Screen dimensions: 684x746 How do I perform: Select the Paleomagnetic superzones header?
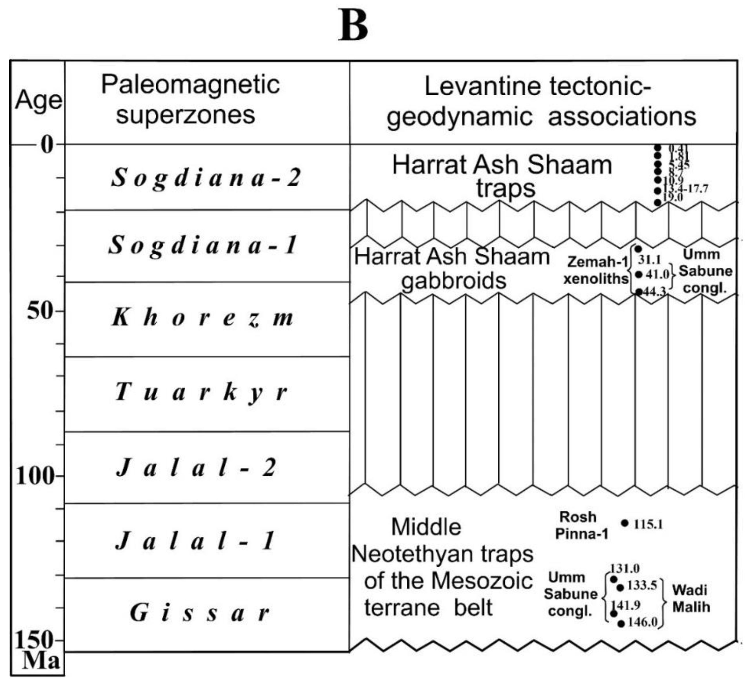[190, 99]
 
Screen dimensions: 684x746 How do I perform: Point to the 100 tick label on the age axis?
[34, 476]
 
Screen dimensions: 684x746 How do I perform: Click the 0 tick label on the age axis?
[47, 145]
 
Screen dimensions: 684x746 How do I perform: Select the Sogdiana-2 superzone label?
[206, 177]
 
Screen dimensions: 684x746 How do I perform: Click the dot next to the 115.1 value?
[625, 523]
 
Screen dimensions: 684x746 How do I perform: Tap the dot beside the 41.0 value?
[639, 274]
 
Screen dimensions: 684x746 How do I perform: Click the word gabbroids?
[454, 281]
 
